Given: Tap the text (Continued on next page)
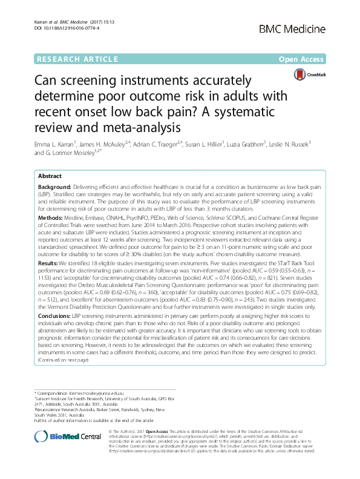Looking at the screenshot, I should (63, 360).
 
